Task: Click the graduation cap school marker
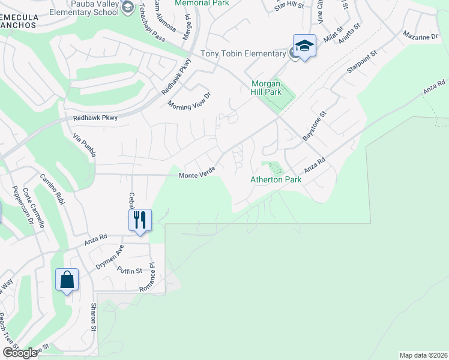coord(304,46)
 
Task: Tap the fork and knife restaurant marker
coord(140,219)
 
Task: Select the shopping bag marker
coord(67,280)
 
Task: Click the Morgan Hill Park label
coord(266,88)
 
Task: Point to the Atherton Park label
coord(276,179)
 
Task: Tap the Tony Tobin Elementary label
coord(243,53)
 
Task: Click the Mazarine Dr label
coord(420,37)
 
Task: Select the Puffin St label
coord(130,271)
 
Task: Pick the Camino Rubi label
coord(51,189)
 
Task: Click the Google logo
coord(20,353)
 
